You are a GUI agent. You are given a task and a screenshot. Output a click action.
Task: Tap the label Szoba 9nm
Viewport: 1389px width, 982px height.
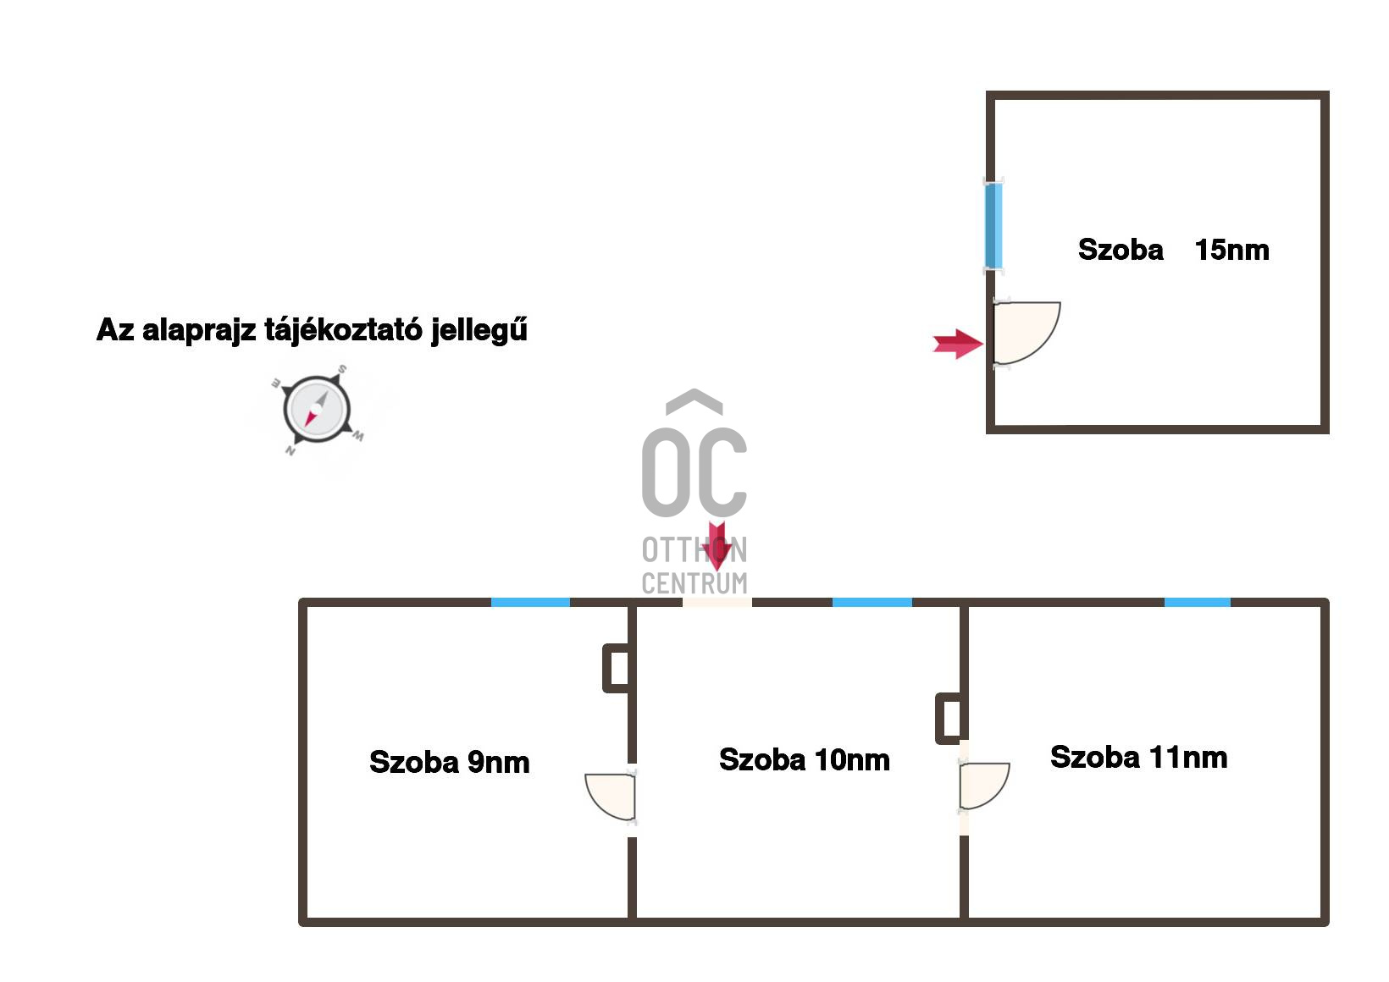coord(450,762)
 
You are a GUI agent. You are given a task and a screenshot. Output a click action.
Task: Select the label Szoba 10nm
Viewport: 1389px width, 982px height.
coord(804,759)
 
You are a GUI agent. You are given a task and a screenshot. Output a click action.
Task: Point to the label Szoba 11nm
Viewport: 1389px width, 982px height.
coord(1138,757)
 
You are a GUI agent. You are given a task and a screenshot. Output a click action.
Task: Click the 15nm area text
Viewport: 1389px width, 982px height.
coord(1231,250)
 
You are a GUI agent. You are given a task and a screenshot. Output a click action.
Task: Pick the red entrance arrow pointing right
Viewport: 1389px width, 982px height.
coord(958,344)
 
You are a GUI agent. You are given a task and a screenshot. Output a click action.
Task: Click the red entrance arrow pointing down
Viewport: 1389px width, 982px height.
coord(717,545)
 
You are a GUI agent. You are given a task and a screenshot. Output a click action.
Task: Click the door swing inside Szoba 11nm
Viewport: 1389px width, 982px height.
coord(982,786)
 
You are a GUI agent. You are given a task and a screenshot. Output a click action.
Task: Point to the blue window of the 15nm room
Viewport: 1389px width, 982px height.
coord(993,226)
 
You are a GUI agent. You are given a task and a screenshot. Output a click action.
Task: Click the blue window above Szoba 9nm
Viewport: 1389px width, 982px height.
coord(530,602)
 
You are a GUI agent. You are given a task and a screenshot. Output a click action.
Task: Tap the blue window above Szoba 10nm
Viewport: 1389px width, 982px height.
coord(872,602)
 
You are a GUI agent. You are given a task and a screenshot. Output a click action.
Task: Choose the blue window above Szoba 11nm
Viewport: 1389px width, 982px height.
coord(1197,602)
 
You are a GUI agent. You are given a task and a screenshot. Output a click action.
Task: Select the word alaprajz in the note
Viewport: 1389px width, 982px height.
coord(198,329)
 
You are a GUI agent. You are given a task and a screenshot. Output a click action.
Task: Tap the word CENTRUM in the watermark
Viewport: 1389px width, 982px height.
coord(694,583)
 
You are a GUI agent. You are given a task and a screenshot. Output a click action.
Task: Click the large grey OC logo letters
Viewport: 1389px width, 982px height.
coord(694,471)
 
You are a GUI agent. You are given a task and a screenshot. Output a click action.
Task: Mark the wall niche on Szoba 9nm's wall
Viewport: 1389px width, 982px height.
coord(617,668)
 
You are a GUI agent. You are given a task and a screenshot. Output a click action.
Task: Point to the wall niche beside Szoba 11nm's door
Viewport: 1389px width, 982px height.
coord(949,718)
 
